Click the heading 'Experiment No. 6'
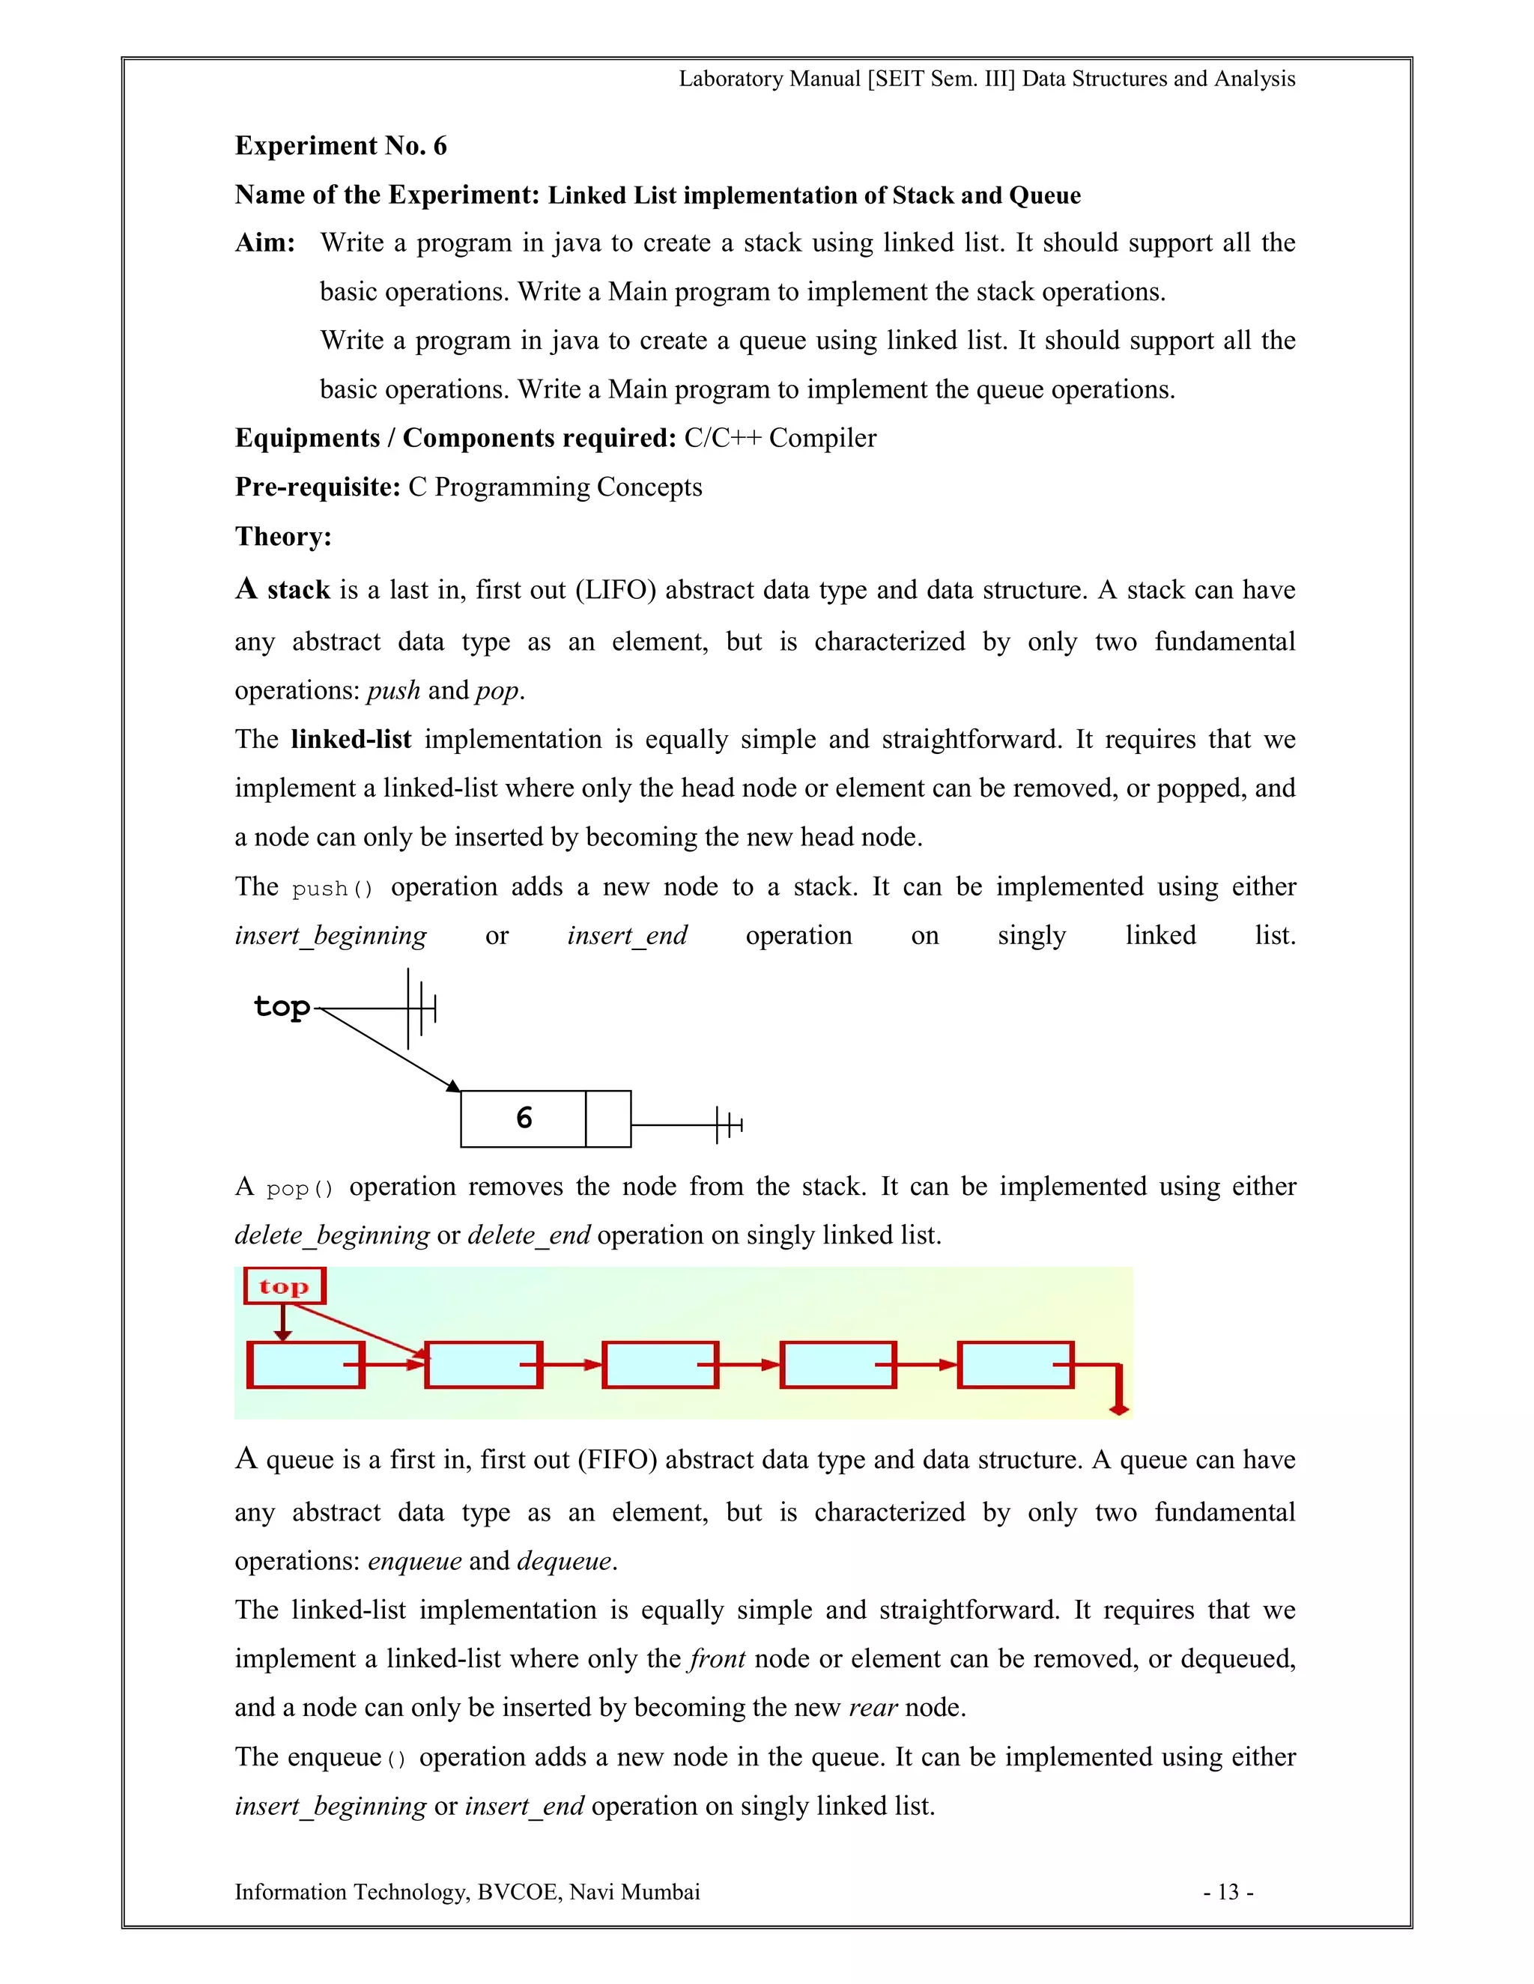point(341,146)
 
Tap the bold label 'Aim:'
point(265,243)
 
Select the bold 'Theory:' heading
point(284,537)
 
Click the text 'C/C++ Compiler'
point(780,439)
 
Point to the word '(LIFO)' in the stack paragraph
point(615,591)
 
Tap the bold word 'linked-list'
point(351,740)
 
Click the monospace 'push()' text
point(333,889)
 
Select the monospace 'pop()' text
point(300,1188)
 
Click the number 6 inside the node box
point(524,1119)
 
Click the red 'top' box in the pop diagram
point(285,1286)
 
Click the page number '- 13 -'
point(1228,1892)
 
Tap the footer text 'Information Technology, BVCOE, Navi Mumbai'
point(467,1892)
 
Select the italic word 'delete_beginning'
point(332,1235)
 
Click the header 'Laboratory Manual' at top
point(768,79)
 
